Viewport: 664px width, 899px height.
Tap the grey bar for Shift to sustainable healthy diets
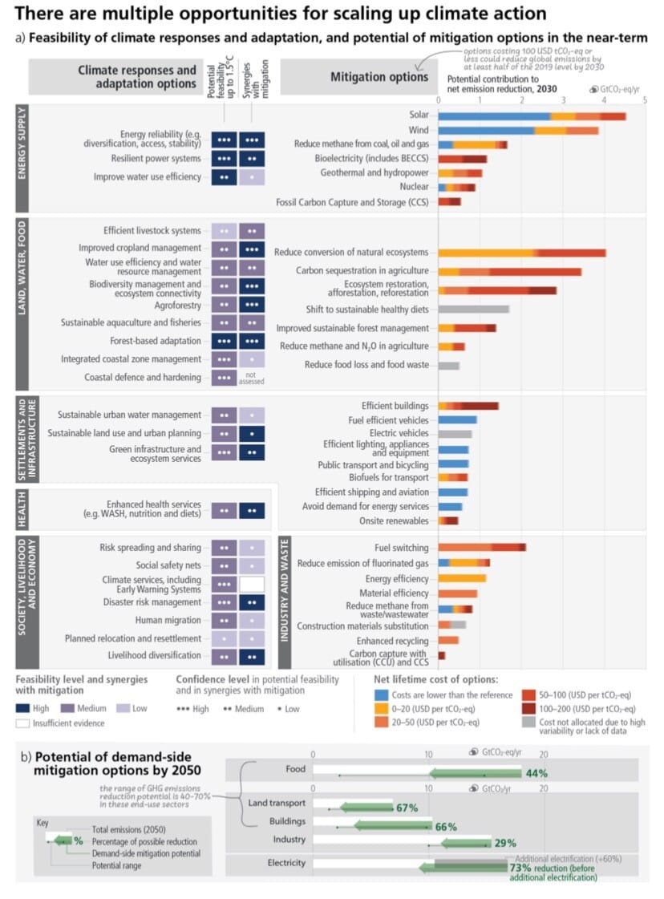473,309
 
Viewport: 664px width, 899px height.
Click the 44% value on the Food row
536,773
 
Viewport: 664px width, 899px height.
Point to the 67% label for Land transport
407,808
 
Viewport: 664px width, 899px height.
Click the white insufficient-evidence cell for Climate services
251,584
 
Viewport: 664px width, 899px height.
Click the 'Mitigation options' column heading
379,77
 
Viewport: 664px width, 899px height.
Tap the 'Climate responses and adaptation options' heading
136,77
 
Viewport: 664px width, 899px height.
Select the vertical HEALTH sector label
22,509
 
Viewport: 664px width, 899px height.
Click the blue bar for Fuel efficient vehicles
457,419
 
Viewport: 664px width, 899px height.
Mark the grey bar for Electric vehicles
455,434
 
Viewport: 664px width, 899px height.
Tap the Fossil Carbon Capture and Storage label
352,202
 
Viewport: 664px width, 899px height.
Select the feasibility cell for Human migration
224,620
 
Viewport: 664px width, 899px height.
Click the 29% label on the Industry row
505,842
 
